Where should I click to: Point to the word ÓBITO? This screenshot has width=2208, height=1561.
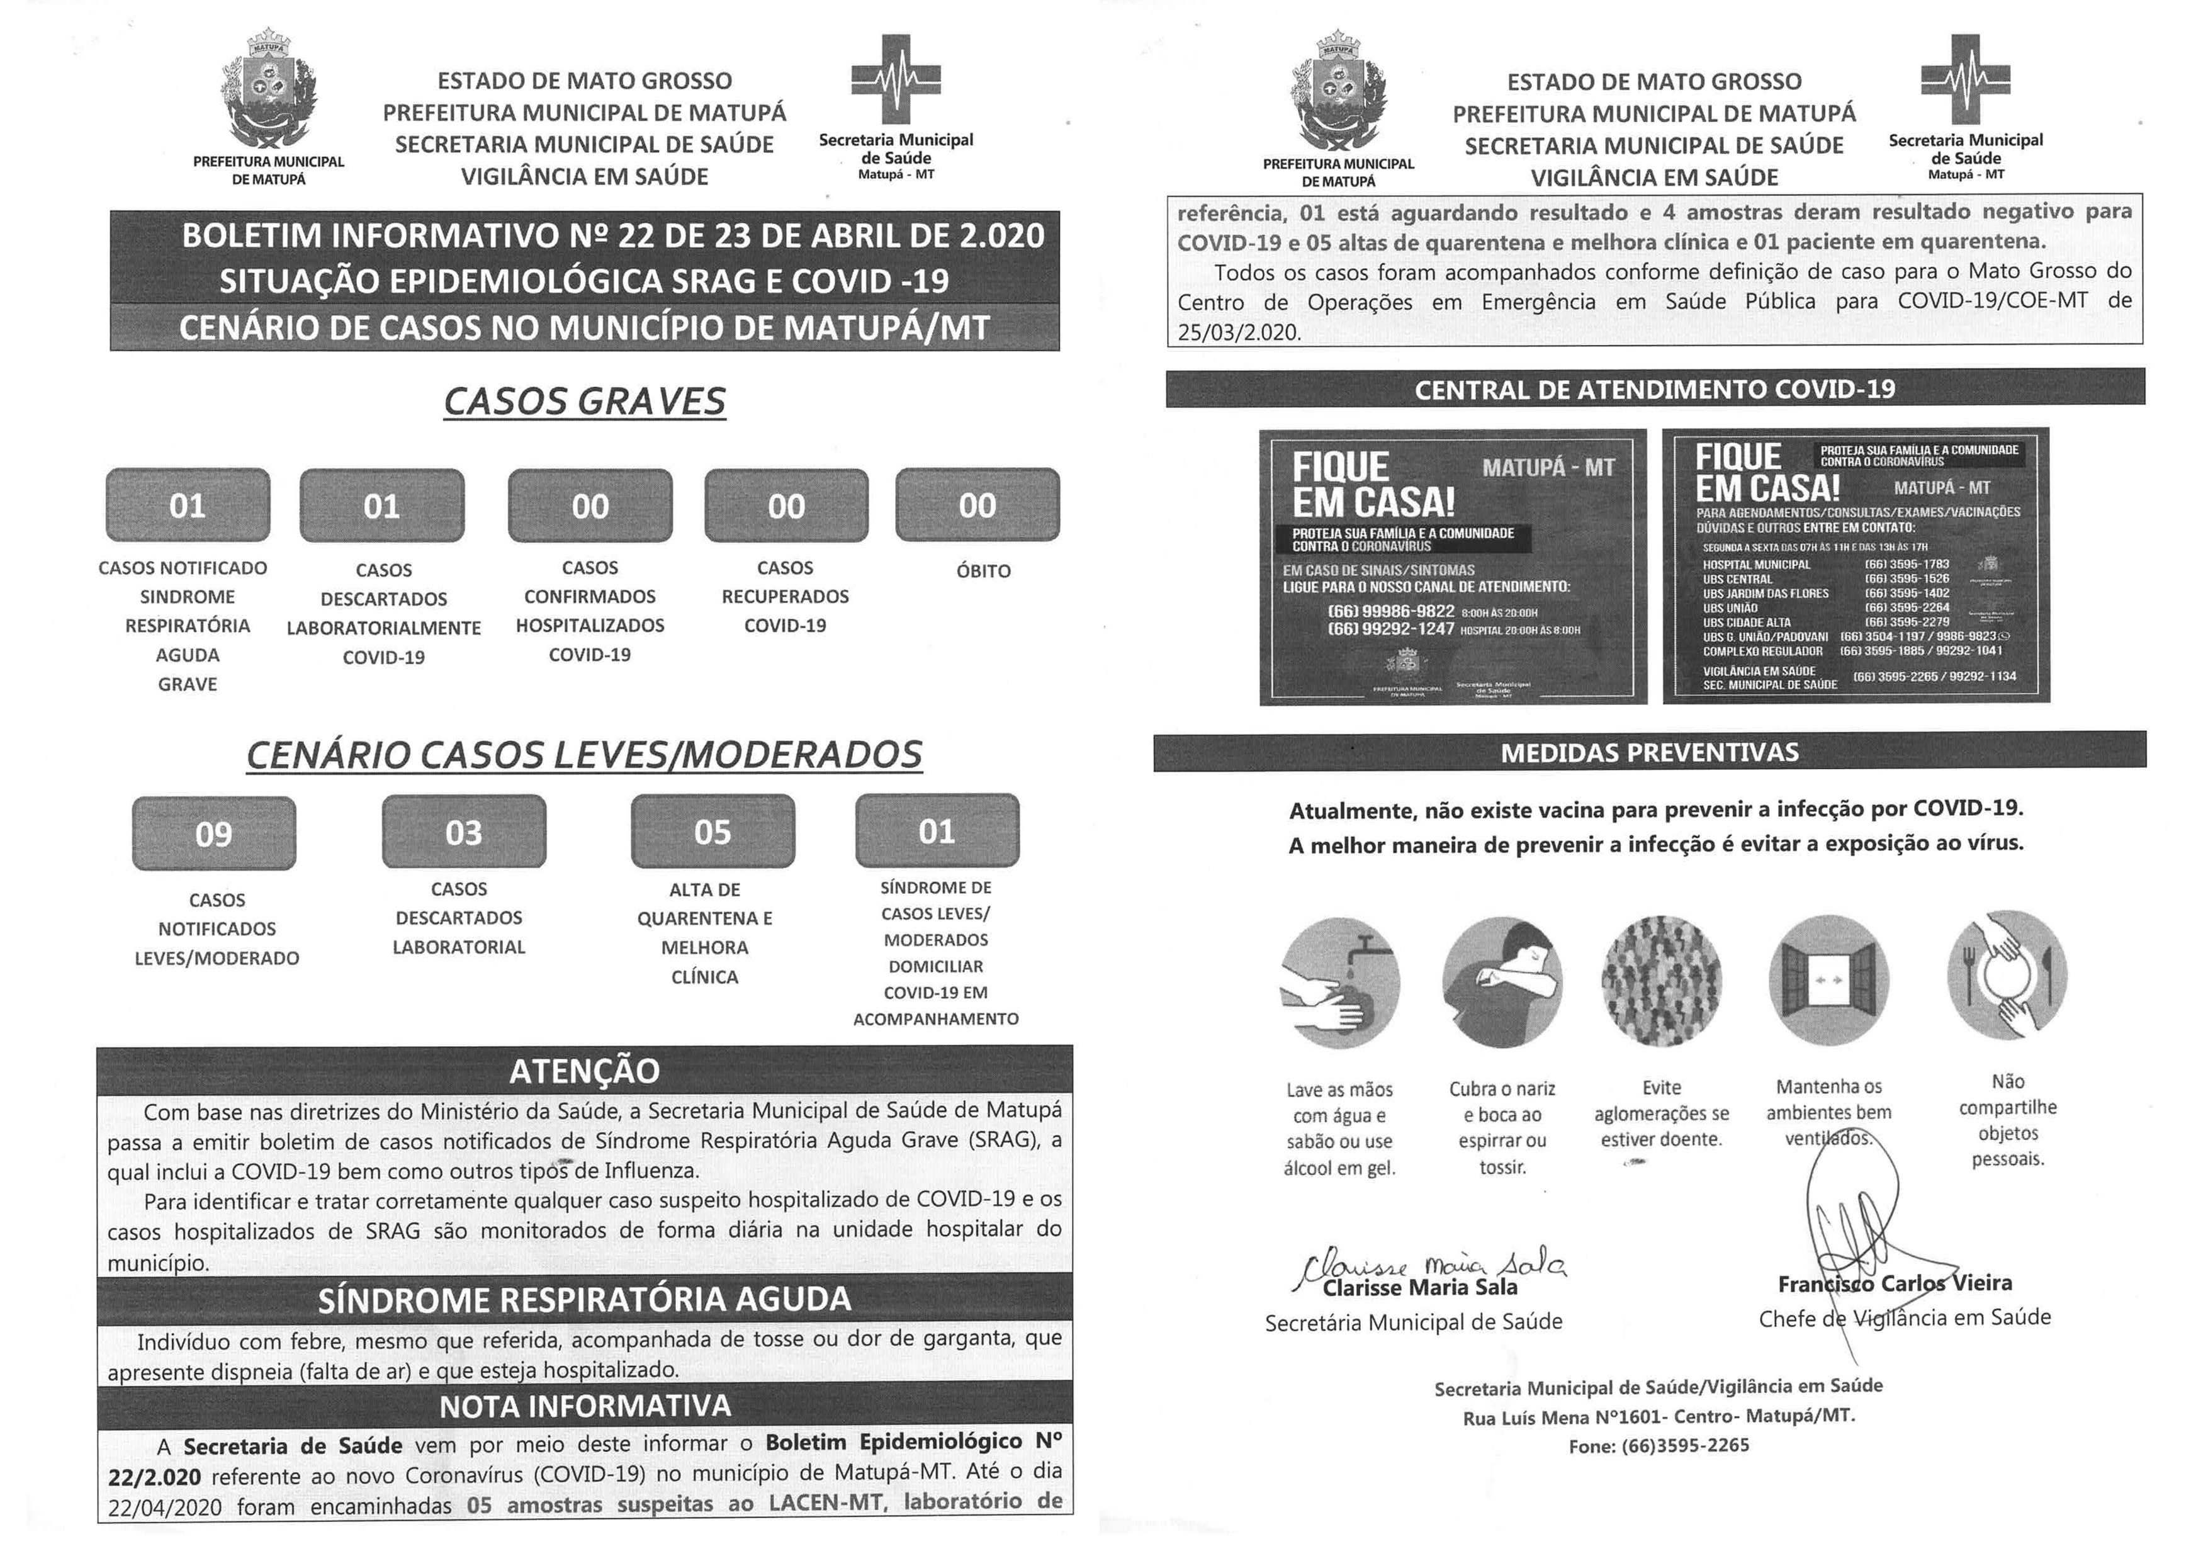(x=983, y=570)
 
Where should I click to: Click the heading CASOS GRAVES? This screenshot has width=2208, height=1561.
(x=585, y=401)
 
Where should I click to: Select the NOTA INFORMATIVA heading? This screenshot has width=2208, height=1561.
(x=585, y=1406)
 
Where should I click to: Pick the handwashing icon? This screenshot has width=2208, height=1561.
(x=1339, y=981)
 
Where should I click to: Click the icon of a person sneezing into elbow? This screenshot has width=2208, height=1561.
(x=1502, y=981)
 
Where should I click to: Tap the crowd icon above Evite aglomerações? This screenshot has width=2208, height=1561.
(x=1661, y=981)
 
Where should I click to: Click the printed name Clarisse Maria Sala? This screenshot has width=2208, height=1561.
(x=1419, y=1288)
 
